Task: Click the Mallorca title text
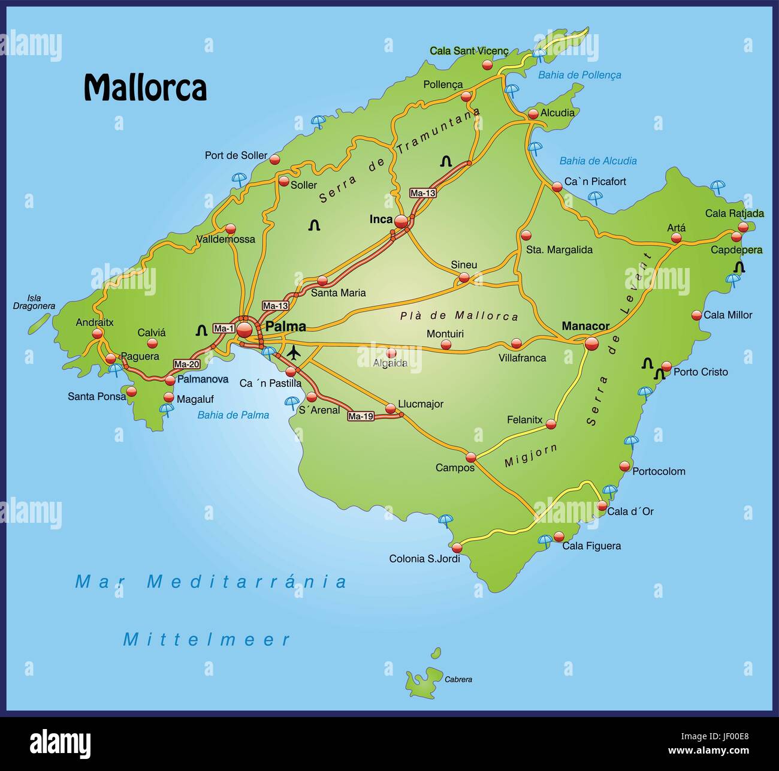click(145, 88)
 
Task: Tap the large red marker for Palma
click(244, 330)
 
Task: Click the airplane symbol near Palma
click(294, 353)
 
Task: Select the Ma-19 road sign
click(361, 416)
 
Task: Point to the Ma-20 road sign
click(186, 364)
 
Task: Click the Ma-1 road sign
click(224, 328)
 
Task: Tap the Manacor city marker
click(591, 344)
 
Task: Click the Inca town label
click(381, 219)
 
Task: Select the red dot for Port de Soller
click(274, 159)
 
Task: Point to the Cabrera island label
click(458, 679)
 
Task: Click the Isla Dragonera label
click(34, 302)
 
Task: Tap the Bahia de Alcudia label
click(597, 161)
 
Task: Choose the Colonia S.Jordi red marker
click(457, 547)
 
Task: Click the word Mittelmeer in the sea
click(207, 640)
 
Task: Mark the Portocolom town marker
click(625, 466)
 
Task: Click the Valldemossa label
click(226, 239)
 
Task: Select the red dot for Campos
click(471, 457)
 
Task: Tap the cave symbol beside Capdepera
click(740, 267)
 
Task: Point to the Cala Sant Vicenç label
click(469, 52)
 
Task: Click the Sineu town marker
click(464, 278)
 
